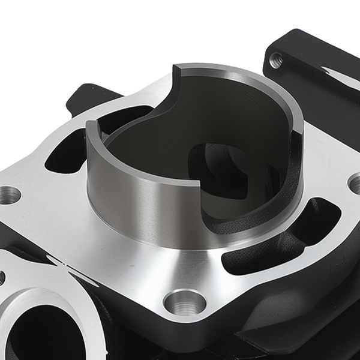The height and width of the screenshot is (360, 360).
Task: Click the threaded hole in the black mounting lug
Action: pyautogui.click(x=276, y=58)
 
